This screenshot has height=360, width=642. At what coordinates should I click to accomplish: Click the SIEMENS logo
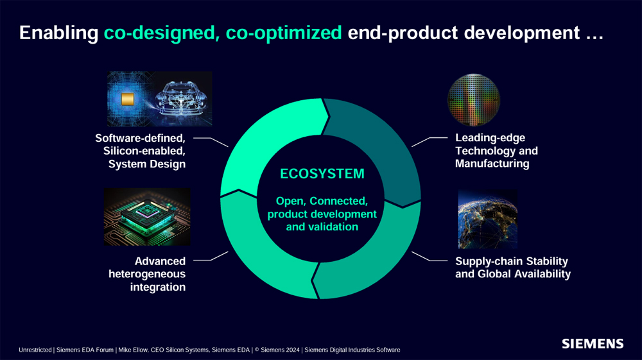pos(593,344)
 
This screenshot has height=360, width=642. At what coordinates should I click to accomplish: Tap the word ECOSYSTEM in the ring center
pos(322,174)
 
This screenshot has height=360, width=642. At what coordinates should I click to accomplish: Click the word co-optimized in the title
pos(284,33)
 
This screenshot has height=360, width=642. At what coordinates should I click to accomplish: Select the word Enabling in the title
pos(58,33)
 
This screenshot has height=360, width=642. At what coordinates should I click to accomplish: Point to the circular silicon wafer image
pos(474,100)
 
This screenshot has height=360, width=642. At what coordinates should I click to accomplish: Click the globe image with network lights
pos(487,219)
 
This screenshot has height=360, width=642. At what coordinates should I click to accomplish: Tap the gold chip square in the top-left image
pos(128,99)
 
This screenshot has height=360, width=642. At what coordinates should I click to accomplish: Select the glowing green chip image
pos(146,217)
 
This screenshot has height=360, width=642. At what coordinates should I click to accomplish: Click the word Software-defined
pos(140,138)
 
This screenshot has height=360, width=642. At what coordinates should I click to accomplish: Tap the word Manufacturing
pos(492,164)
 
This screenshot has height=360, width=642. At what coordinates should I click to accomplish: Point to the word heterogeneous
pos(147,274)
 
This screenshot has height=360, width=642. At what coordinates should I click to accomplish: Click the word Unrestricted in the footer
pos(35,350)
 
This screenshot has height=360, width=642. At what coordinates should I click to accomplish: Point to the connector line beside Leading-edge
pos(429,141)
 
